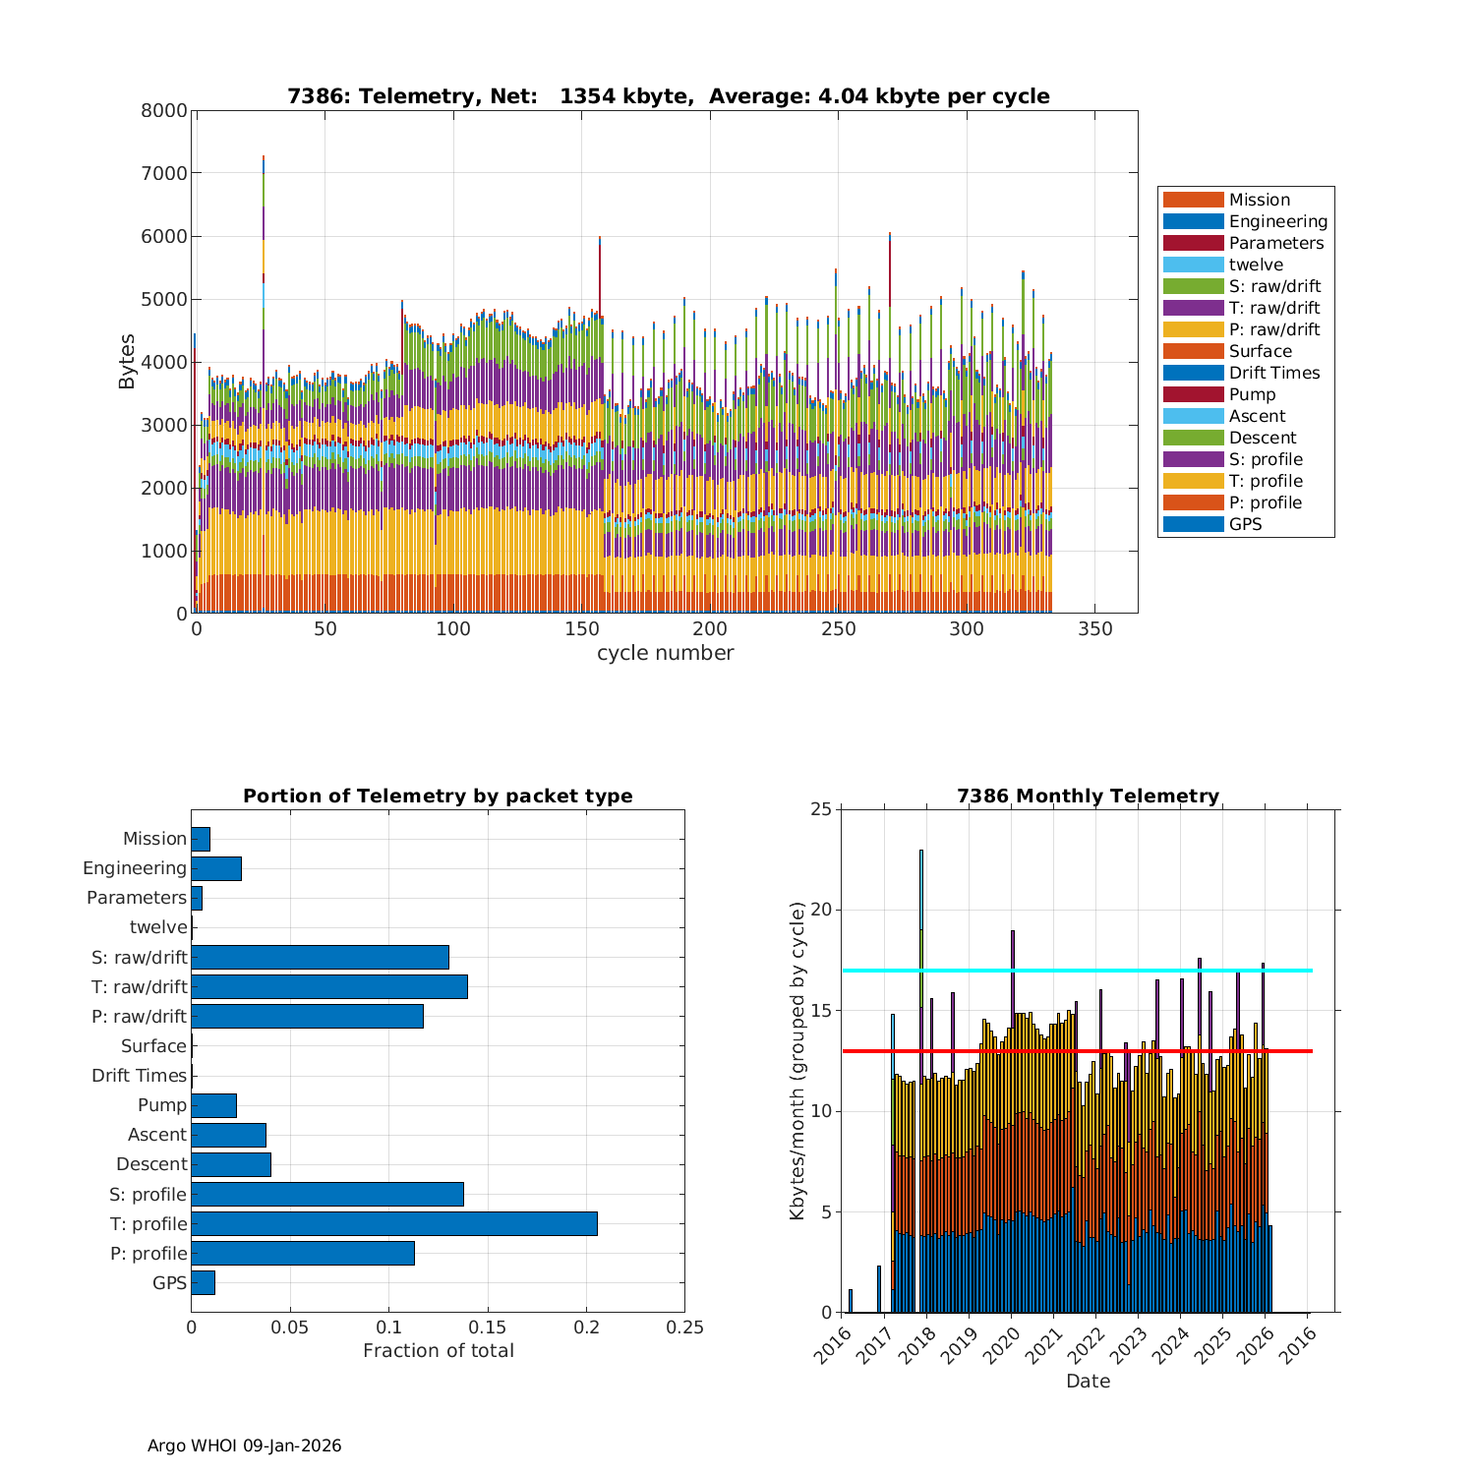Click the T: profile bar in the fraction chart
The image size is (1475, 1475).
[x=393, y=1223]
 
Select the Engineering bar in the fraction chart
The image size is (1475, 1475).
[x=216, y=868]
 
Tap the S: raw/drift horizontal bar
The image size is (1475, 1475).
[x=320, y=957]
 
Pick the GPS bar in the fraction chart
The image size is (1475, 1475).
[x=203, y=1282]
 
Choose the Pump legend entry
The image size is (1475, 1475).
[x=1252, y=394]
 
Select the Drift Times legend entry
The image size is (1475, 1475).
[x=1273, y=373]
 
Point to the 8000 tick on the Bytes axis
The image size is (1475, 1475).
[x=164, y=111]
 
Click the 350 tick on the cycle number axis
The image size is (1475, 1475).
[x=1095, y=629]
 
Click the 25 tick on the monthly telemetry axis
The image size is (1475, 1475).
[x=820, y=809]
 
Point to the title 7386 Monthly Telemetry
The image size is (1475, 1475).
[x=1088, y=796]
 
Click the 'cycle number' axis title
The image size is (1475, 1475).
[x=665, y=653]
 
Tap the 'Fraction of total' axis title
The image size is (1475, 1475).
[x=438, y=1351]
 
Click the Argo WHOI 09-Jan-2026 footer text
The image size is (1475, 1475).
[x=244, y=1445]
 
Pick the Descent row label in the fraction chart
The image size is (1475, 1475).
[x=151, y=1164]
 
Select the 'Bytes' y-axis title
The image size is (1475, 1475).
[x=127, y=362]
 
